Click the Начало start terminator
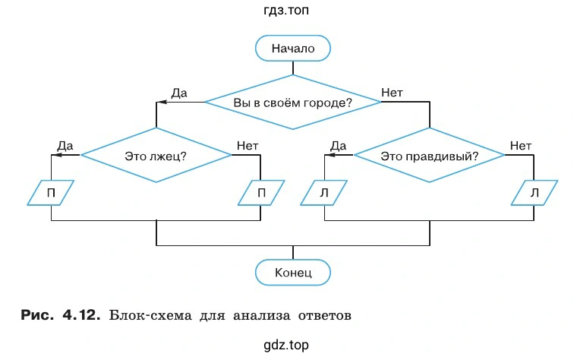coord(292,49)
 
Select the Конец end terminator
coord(292,271)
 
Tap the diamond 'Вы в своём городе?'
coord(292,101)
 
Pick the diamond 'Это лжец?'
coord(156,155)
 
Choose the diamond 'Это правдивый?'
coord(429,155)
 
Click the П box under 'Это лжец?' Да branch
coord(51,193)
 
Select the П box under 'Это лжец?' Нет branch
coord(261,193)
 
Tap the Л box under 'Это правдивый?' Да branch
coord(324,193)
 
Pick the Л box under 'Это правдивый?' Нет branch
coord(535,193)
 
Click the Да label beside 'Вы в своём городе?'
coord(179,93)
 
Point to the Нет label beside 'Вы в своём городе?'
coord(392,93)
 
